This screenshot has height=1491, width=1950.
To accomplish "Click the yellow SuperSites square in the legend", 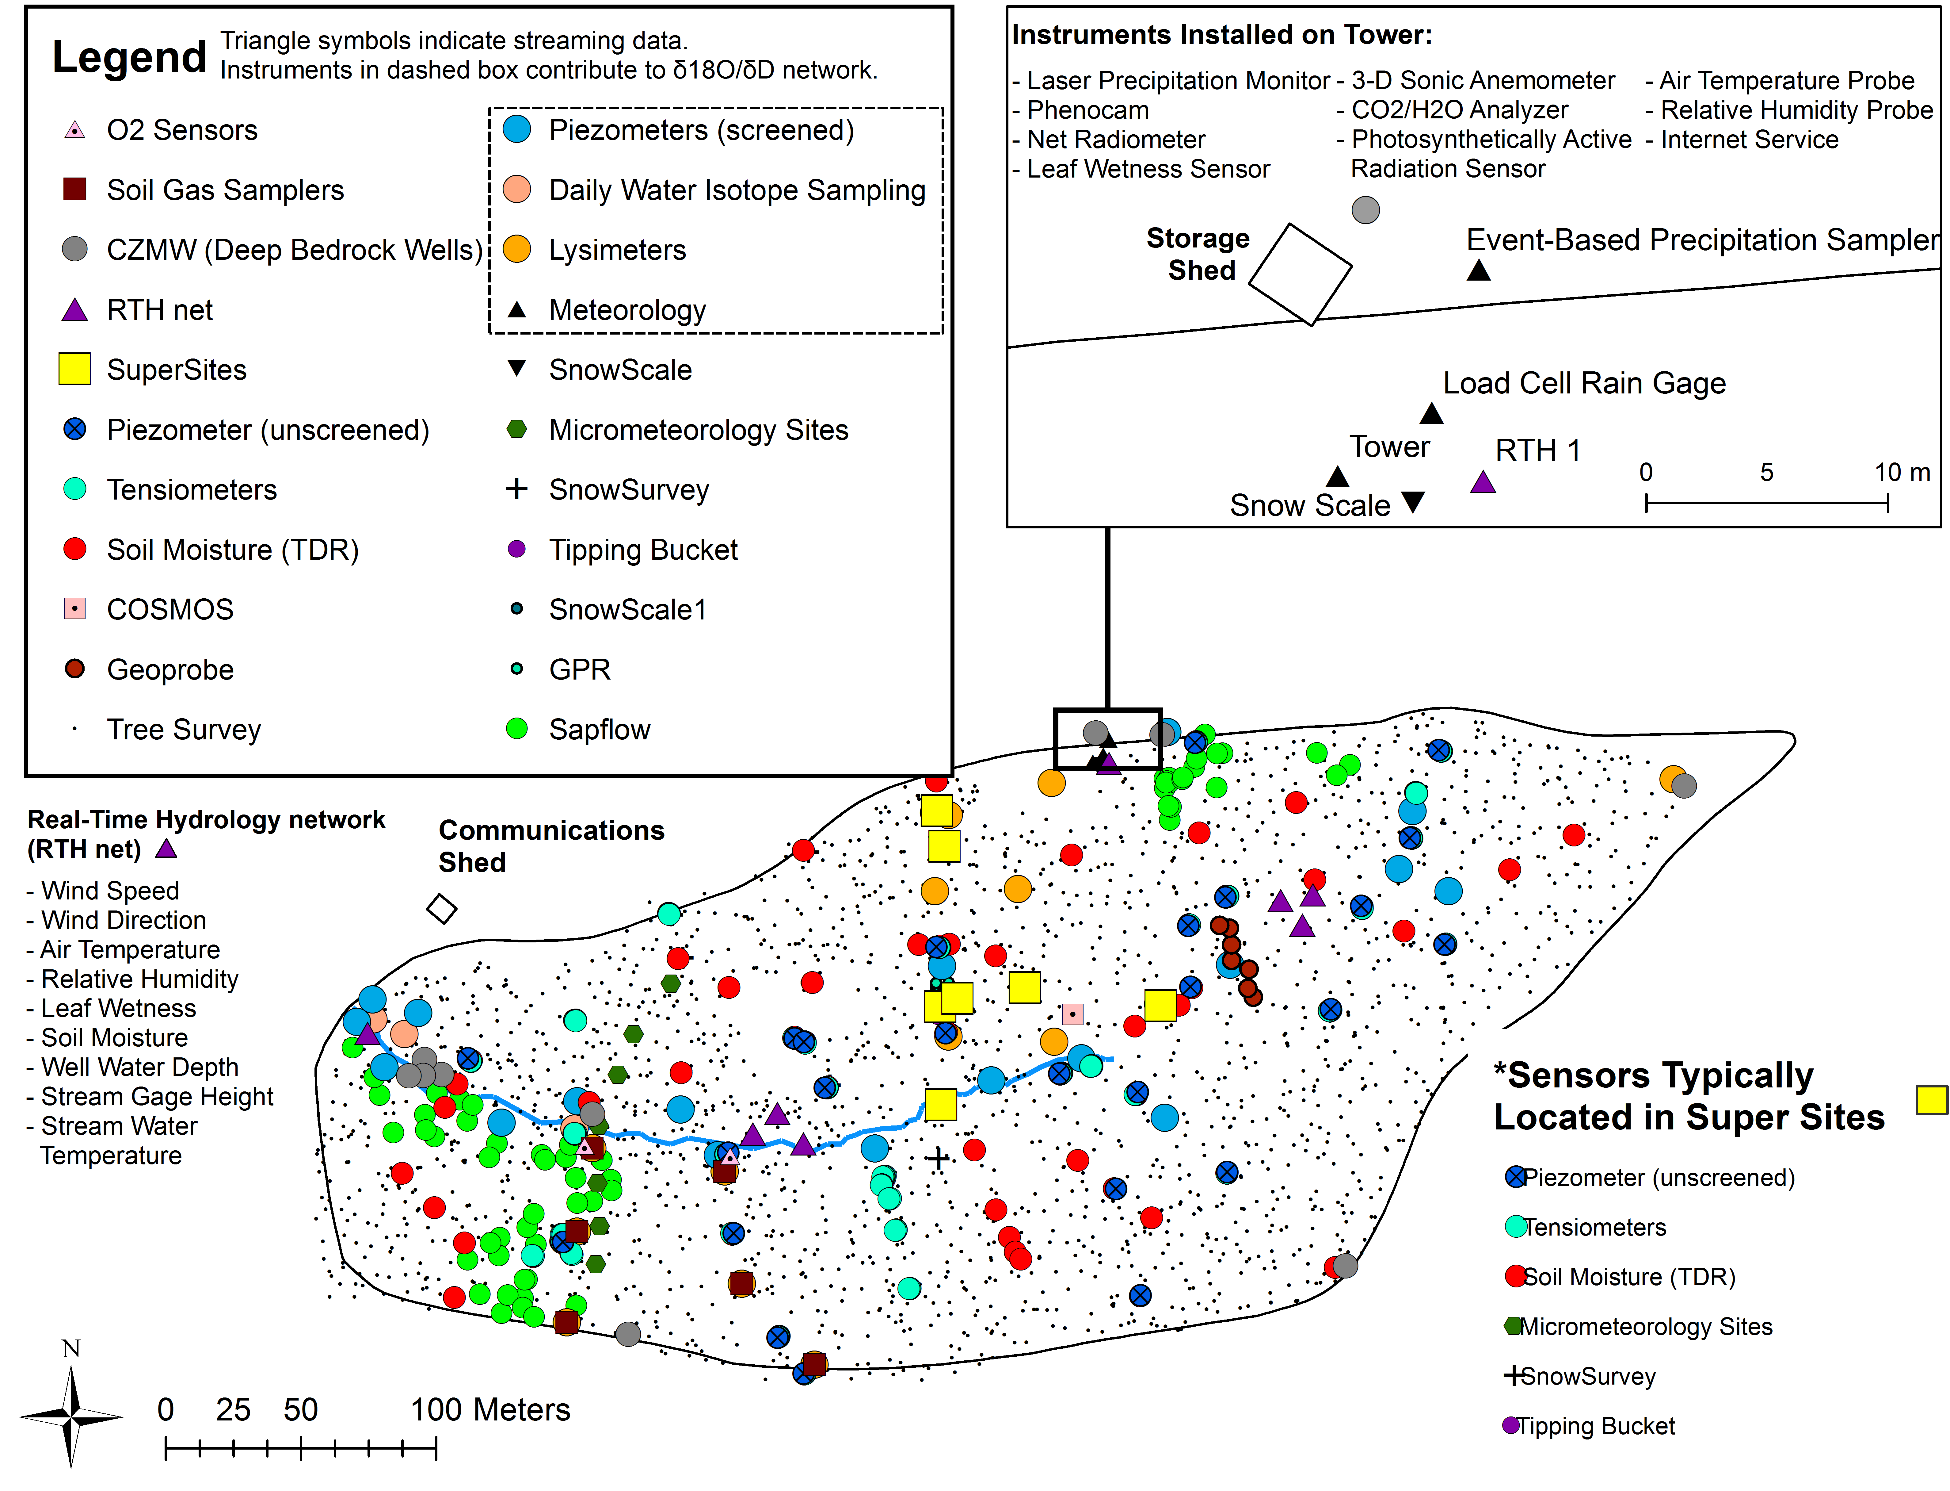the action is coord(74,369).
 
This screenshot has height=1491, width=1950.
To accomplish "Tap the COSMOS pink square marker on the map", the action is coord(1072,1014).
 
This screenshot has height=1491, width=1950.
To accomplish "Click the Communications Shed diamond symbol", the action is coord(442,909).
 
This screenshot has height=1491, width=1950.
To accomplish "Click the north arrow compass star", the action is coord(71,1416).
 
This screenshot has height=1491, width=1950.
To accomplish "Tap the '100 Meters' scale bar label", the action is coord(491,1409).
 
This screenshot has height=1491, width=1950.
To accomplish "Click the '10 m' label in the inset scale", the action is coord(1902,472).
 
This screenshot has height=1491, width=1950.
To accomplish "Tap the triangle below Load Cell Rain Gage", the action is coord(1431,413).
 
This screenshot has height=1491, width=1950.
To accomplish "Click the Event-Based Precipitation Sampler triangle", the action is coord(1478,270).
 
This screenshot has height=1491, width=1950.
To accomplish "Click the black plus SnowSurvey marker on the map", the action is coord(938,1158).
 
